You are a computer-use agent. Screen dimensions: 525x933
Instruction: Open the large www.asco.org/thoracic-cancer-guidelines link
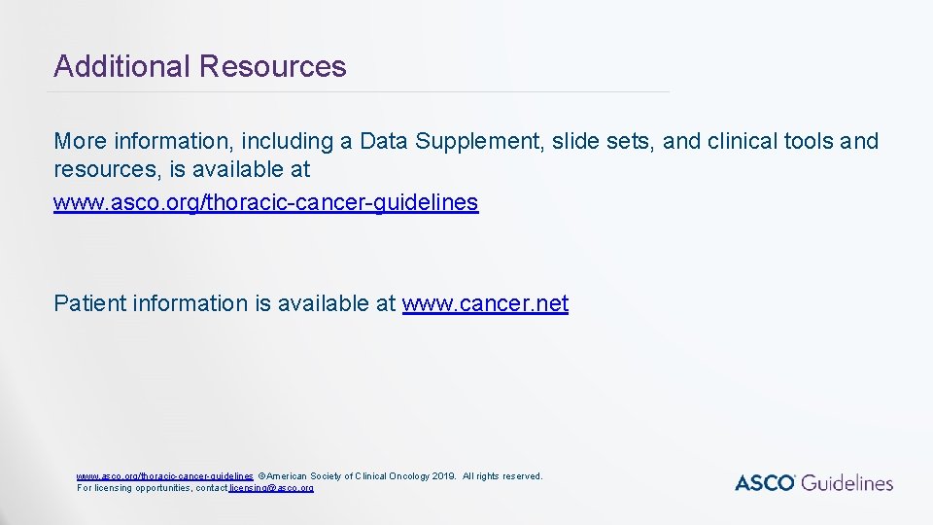(265, 202)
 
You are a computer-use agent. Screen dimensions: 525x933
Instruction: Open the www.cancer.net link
(485, 303)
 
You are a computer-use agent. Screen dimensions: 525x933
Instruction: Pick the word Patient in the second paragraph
(88, 303)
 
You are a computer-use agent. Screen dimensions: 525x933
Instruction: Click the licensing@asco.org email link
(271, 487)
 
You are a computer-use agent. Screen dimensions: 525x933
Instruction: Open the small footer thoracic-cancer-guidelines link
(165, 476)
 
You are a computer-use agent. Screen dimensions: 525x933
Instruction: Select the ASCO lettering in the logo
(765, 483)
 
